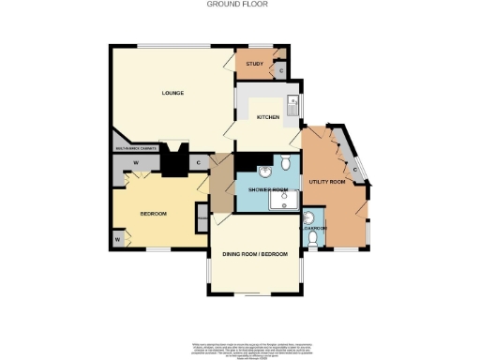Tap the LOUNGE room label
click(x=172, y=93)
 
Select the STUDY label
click(x=253, y=64)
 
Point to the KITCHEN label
click(x=269, y=116)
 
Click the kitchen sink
click(x=294, y=105)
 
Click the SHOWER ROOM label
click(x=266, y=188)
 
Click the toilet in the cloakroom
click(x=312, y=240)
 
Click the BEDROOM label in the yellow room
click(x=153, y=214)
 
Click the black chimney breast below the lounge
click(x=173, y=162)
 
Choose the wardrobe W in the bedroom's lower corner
click(x=120, y=241)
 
